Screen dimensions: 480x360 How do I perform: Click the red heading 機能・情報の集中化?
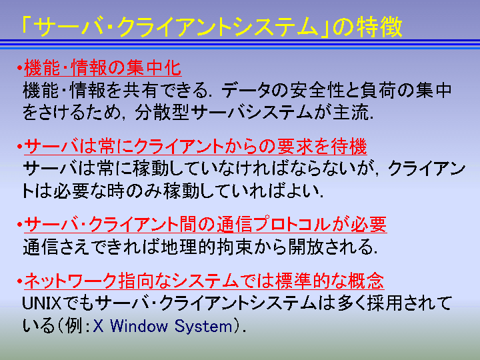tap(103, 67)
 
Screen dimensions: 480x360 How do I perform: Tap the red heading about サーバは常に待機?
tap(195, 146)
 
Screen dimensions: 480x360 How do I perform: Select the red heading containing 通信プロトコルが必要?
tap(205, 225)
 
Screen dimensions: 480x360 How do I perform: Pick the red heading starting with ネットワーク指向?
tap(204, 281)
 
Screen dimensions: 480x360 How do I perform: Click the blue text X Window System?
tap(163, 326)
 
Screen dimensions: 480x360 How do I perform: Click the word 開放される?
tap(329, 247)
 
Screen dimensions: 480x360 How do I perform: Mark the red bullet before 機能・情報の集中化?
tap(19, 67)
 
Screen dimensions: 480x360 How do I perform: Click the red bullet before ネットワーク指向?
tap(19, 281)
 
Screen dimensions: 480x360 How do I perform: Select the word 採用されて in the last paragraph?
tap(409, 303)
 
